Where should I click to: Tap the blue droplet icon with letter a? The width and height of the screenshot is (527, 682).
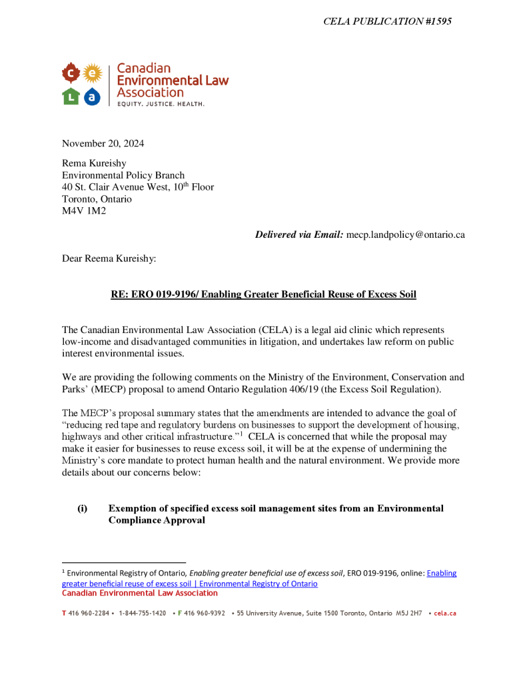pos(93,97)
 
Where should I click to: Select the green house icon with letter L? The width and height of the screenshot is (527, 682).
pos(71,97)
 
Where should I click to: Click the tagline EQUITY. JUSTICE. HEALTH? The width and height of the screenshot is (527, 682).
pos(161,105)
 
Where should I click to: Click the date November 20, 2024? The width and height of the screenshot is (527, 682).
pos(103,144)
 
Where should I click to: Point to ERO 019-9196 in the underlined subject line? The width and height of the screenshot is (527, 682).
pos(167,294)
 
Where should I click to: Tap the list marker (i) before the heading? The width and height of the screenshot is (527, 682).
pos(82,509)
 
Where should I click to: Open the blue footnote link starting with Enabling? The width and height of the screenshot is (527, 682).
pos(441,573)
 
